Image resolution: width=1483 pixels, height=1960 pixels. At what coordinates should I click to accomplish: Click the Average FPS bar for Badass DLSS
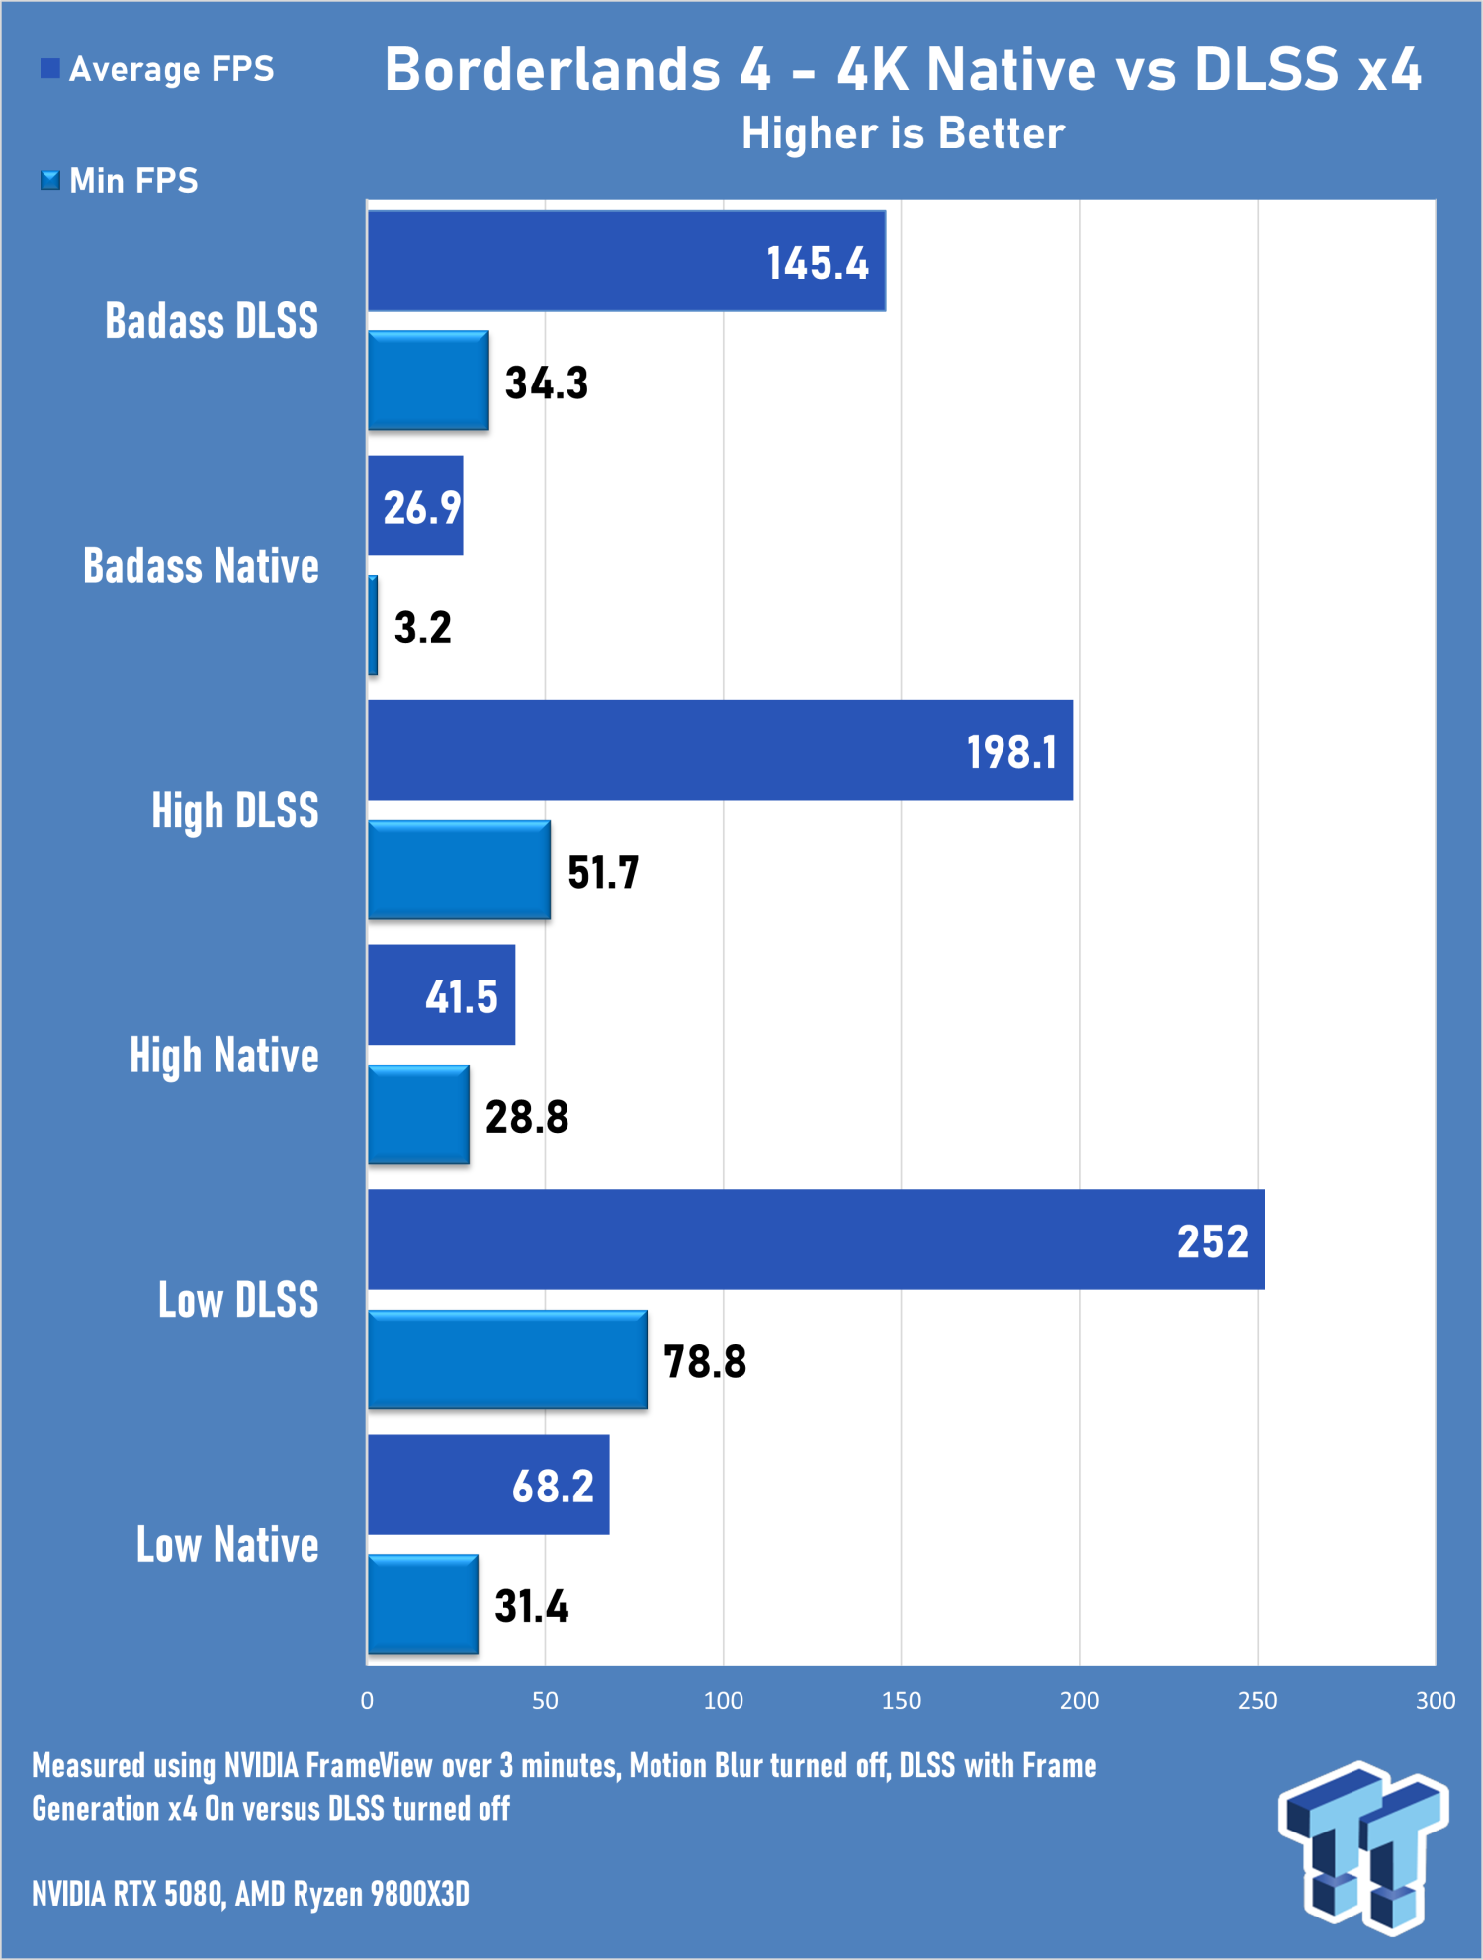pos(627,261)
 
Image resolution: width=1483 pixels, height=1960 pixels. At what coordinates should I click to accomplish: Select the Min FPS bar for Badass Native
pos(373,626)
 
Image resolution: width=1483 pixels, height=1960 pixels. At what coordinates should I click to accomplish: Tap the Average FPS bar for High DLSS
pos(720,750)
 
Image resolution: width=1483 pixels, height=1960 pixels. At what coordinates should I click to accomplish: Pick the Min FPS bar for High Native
pos(418,1115)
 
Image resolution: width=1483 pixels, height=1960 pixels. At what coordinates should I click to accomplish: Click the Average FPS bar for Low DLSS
pos(817,1239)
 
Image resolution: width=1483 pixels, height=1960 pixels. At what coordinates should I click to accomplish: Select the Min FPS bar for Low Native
pos(423,1604)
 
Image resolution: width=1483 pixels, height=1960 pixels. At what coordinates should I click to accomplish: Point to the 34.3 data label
pos(547,383)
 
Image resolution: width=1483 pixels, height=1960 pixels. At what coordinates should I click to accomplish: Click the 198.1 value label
pos(1011,753)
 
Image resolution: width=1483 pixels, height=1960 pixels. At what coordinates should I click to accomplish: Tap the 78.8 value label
pos(705,1362)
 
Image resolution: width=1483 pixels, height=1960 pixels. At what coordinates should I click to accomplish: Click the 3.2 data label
pos(423,628)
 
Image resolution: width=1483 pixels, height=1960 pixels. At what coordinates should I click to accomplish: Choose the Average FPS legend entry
pos(157,69)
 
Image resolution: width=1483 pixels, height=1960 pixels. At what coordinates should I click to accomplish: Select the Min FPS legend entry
pos(119,181)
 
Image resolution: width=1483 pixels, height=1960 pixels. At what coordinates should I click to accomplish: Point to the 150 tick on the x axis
pos(902,1701)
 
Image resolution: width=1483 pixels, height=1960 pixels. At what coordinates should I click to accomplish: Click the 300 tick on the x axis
pos(1436,1701)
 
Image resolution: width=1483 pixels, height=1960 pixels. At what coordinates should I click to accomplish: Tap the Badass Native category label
pos(201,566)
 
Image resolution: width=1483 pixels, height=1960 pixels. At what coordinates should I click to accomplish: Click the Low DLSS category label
pos(238,1300)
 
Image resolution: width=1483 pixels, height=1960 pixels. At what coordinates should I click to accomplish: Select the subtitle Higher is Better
pos(904,133)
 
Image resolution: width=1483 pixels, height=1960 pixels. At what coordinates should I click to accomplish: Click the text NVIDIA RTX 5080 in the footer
pos(128,1894)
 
